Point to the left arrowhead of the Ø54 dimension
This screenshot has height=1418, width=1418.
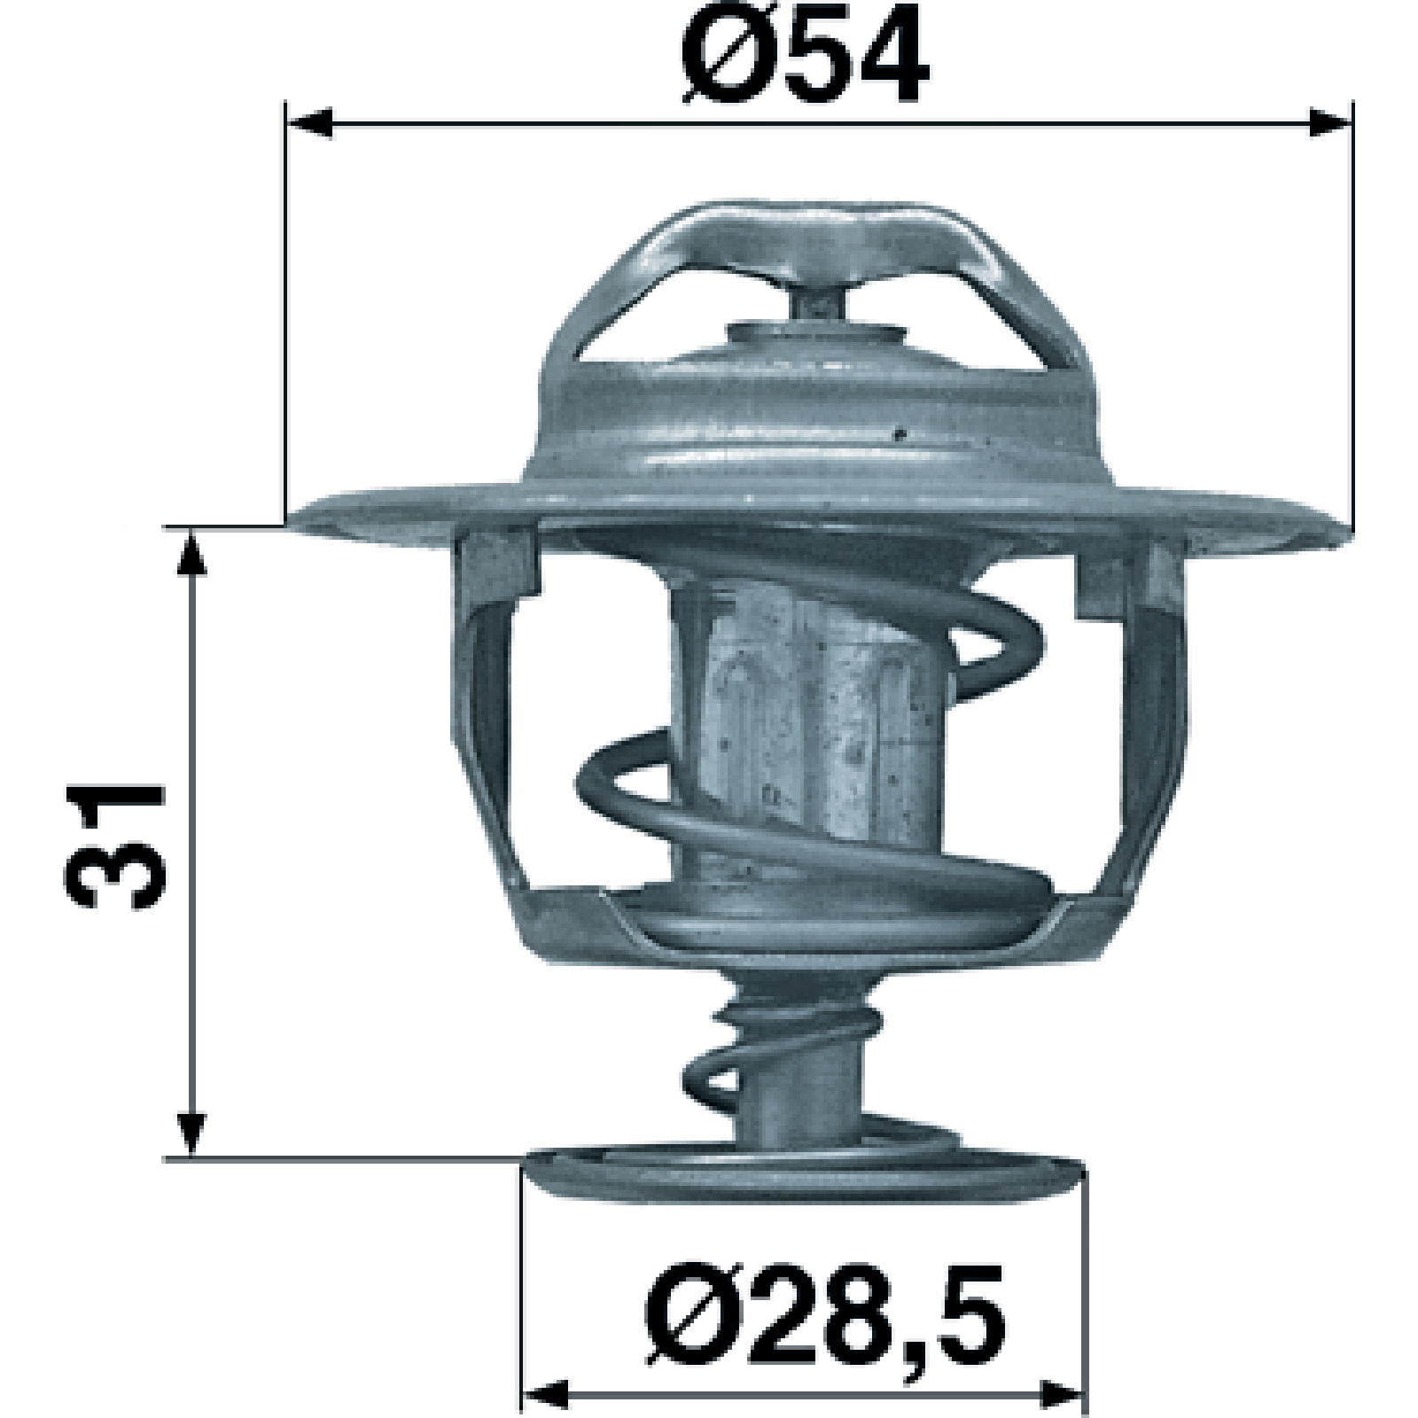(309, 124)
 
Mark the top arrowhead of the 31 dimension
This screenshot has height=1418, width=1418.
(191, 554)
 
